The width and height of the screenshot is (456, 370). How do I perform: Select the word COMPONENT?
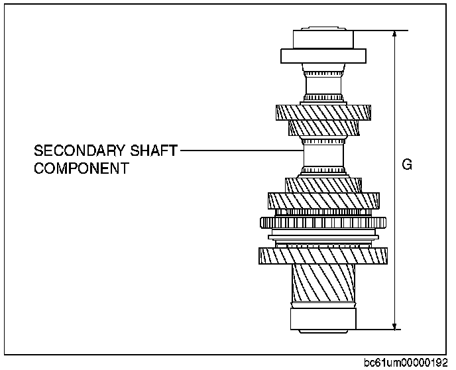pyautogui.click(x=81, y=168)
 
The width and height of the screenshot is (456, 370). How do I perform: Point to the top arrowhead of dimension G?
pyautogui.click(x=395, y=34)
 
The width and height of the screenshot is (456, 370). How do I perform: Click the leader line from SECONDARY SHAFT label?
pyautogui.click(x=239, y=151)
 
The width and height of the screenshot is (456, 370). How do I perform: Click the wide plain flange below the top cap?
pyautogui.click(x=323, y=56)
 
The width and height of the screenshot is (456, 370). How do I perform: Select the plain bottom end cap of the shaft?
pyautogui.click(x=323, y=318)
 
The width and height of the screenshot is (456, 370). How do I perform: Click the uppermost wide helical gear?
pyautogui.click(x=323, y=112)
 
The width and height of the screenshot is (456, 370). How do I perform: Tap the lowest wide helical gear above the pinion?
pyautogui.click(x=323, y=256)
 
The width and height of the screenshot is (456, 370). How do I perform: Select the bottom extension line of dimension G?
pyautogui.click(x=378, y=328)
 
